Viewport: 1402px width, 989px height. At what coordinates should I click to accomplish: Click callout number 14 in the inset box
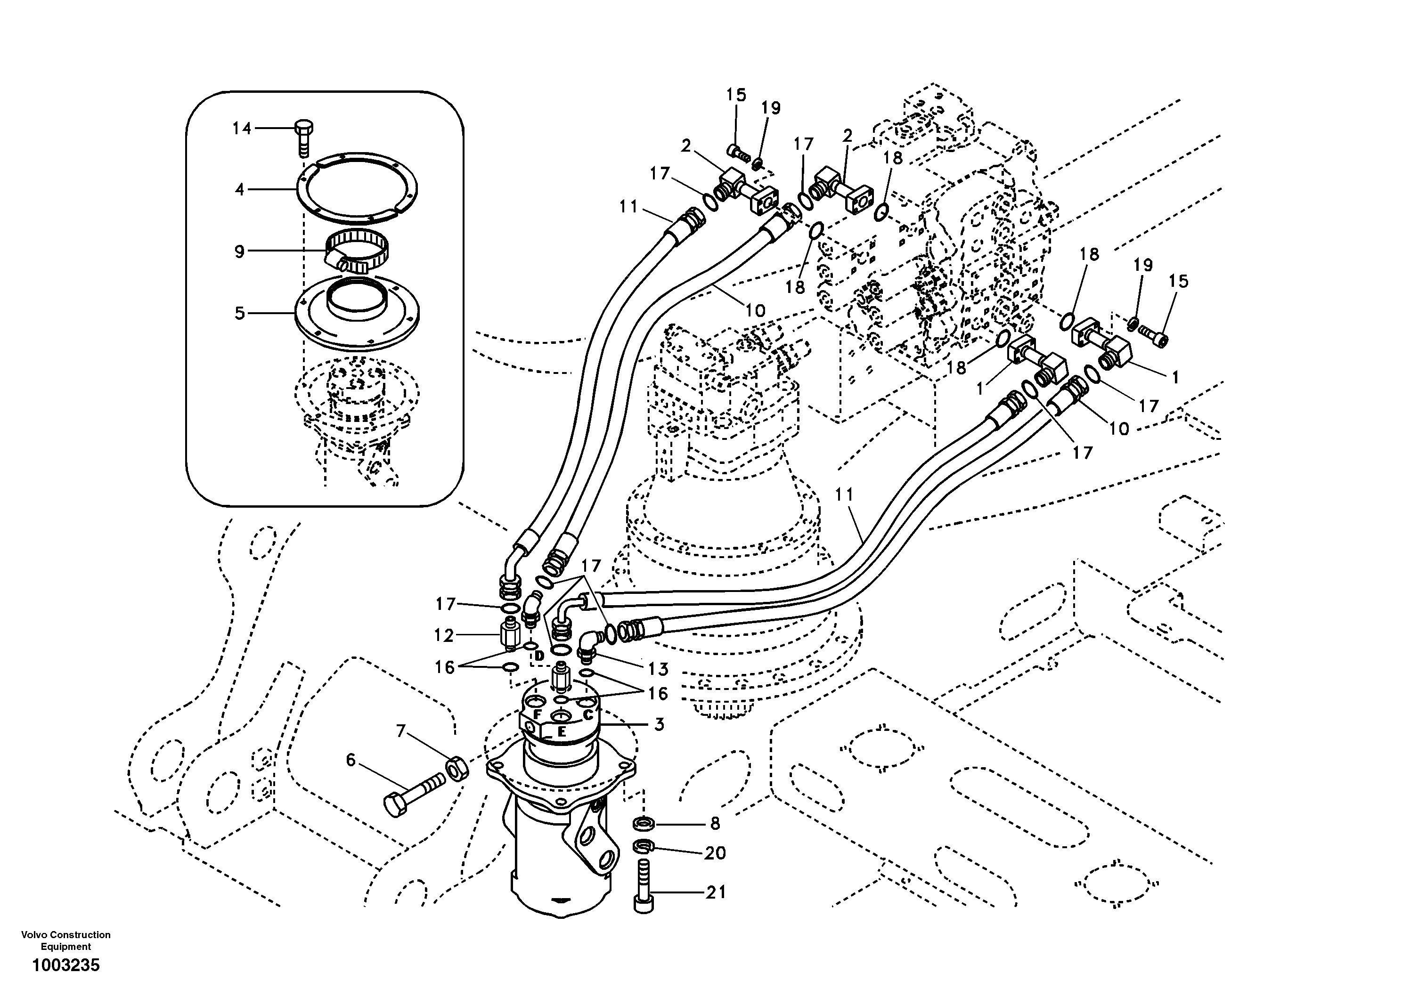[x=242, y=128]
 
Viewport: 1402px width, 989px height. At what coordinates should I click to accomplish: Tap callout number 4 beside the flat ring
[x=239, y=190]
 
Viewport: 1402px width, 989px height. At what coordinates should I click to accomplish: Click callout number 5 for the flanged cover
[x=239, y=313]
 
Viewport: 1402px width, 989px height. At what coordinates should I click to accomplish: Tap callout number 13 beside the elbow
[x=658, y=669]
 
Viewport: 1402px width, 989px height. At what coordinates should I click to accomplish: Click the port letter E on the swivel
[x=561, y=732]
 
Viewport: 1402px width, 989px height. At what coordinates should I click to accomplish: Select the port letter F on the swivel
[x=538, y=713]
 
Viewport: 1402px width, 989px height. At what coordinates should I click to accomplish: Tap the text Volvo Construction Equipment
[x=66, y=940]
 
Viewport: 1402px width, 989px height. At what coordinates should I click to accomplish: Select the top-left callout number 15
[x=736, y=95]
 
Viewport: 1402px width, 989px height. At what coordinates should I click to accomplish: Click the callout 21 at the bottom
[x=716, y=892]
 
